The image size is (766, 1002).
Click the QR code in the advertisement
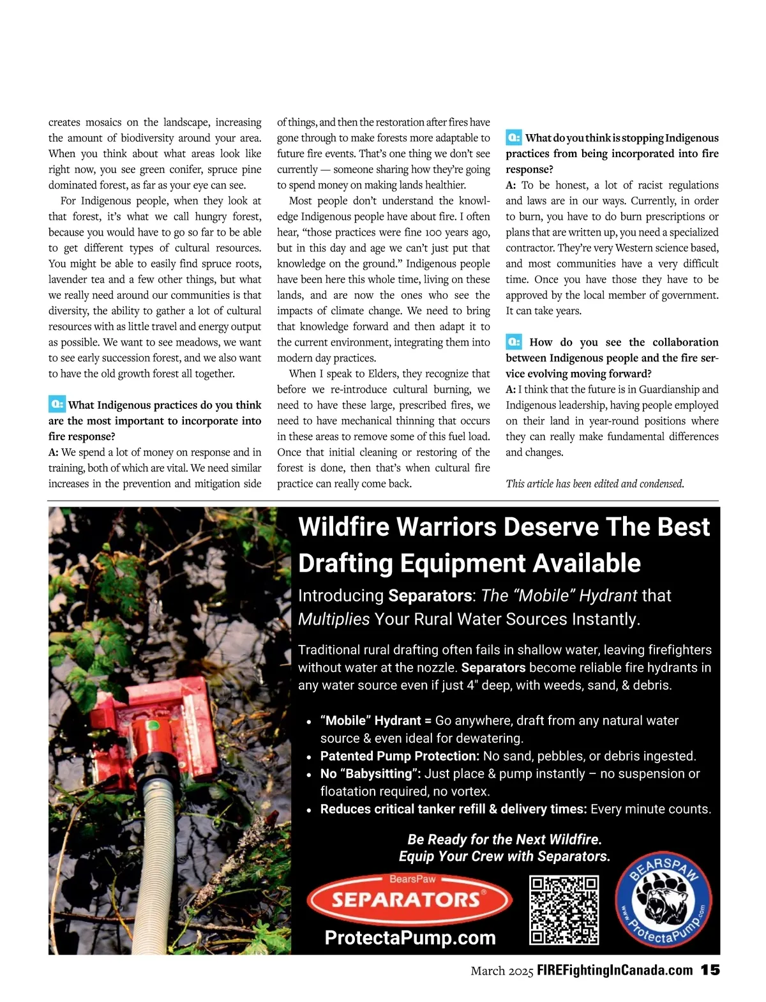point(564,910)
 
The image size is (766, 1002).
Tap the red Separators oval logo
point(409,900)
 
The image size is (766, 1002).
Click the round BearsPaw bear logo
point(663,902)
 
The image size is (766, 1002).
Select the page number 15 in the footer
point(710,970)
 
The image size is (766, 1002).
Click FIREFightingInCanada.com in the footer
point(615,971)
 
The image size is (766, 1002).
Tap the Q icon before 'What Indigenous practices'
point(57,404)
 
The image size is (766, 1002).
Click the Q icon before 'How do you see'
point(514,342)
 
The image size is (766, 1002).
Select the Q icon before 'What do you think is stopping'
point(514,137)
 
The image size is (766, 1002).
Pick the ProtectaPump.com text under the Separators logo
point(410,937)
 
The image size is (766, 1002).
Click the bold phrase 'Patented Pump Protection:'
point(400,756)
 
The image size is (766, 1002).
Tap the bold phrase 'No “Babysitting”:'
point(370,774)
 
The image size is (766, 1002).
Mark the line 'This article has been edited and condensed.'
point(595,483)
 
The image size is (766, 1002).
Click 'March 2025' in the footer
point(501,971)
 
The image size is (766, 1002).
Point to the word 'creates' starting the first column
point(64,122)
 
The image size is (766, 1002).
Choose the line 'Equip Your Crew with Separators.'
point(504,856)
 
